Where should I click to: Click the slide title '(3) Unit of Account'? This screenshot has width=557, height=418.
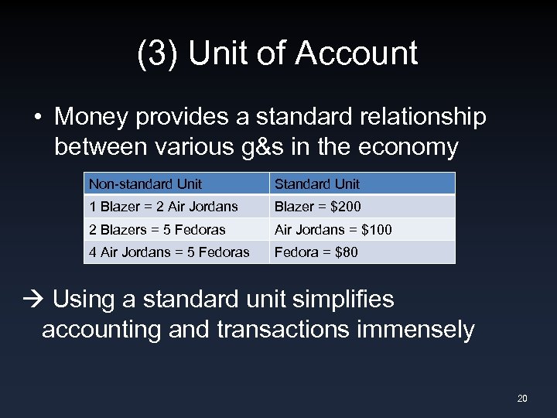point(278,53)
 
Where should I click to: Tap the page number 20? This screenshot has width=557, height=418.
point(522,399)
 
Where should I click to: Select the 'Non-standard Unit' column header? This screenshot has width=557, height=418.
point(145,184)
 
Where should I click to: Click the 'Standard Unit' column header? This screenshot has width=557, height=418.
point(316,184)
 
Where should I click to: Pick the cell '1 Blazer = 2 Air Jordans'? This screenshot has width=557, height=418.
point(163,207)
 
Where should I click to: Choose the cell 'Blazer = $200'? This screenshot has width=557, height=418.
point(317,207)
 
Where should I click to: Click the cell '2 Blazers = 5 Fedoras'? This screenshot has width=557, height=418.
point(157,230)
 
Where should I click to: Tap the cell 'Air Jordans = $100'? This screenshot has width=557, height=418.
point(333,230)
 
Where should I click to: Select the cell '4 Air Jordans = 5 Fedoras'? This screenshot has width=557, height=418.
point(169,252)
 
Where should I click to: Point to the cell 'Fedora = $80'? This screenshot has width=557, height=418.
point(316,252)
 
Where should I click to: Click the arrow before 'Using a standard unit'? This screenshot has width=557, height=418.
point(38,300)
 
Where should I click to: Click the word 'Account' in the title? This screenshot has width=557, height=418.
point(357,53)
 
